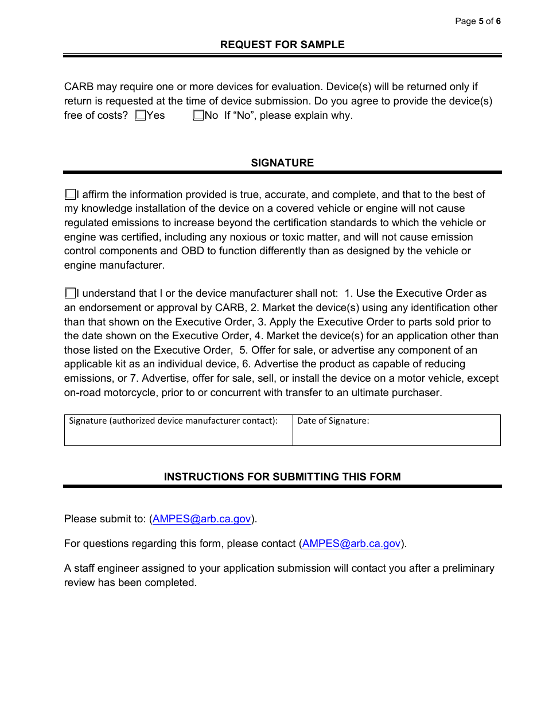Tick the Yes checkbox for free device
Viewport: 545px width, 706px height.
click(x=141, y=115)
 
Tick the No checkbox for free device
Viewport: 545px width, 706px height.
click(x=198, y=115)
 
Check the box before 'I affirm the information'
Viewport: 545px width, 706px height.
click(x=70, y=195)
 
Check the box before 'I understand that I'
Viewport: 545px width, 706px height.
click(x=70, y=294)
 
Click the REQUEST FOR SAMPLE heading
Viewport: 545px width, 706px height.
click(x=282, y=45)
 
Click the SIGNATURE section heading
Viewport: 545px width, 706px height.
click(x=282, y=163)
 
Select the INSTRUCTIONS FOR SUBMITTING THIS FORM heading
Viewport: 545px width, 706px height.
click(x=282, y=477)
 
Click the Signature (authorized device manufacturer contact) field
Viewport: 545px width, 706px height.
click(x=178, y=434)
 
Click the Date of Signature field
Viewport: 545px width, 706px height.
click(x=396, y=434)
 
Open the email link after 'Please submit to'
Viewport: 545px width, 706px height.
click(x=201, y=519)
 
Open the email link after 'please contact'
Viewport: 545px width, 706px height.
click(x=351, y=544)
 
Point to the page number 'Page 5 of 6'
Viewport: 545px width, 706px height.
click(x=477, y=21)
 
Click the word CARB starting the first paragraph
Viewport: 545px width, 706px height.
click(x=79, y=87)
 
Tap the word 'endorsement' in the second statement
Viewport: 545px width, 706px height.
click(x=105, y=308)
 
